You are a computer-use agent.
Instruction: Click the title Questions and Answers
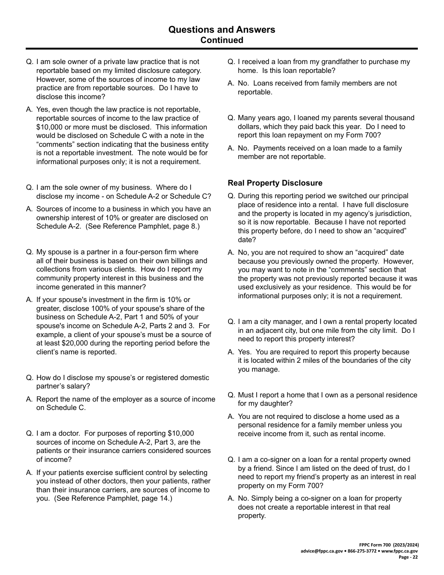222,29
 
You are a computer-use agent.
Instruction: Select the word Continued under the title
222,40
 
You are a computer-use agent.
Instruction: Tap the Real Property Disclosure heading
275,183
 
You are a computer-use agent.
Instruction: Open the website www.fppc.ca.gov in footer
400,551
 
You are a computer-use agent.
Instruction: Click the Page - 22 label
408,557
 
